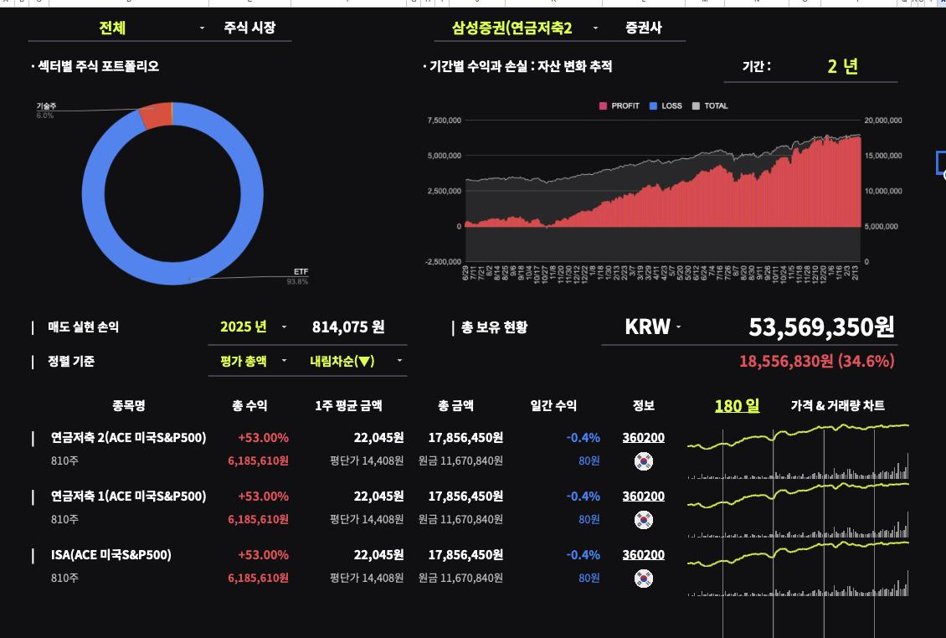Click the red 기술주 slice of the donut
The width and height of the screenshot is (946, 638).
click(x=156, y=116)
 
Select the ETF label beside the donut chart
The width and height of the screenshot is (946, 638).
click(x=301, y=272)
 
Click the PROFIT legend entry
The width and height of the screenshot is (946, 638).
click(x=620, y=106)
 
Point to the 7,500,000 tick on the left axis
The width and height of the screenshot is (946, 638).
click(x=445, y=121)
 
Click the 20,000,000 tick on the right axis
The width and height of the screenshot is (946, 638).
click(x=883, y=121)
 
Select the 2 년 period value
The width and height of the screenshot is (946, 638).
click(x=842, y=66)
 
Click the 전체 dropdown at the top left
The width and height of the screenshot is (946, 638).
click(x=113, y=28)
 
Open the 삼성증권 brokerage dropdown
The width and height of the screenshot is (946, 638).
click(x=512, y=28)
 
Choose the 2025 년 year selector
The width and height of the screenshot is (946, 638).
click(x=244, y=327)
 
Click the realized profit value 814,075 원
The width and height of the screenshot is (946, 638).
click(x=348, y=327)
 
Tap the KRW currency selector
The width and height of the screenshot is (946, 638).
click(x=648, y=327)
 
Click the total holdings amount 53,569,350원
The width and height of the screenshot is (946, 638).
click(x=821, y=327)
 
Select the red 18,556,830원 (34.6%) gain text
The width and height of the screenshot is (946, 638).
click(x=816, y=361)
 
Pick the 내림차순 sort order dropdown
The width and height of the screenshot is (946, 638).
click(x=342, y=361)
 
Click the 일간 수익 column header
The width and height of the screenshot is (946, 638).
click(x=553, y=405)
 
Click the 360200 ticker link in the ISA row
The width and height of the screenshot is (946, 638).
click(x=643, y=554)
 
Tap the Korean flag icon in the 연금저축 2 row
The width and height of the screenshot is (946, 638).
click(x=643, y=461)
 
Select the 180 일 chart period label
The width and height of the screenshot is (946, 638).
click(x=737, y=406)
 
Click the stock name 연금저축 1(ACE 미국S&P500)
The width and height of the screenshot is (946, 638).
click(x=128, y=496)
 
